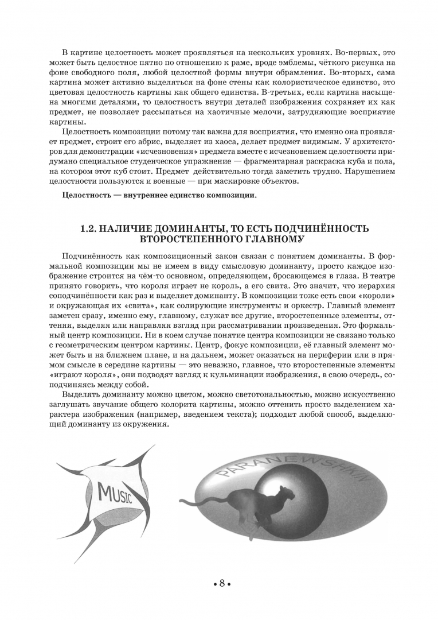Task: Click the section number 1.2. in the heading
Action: point(91,229)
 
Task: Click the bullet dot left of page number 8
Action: point(213,584)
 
